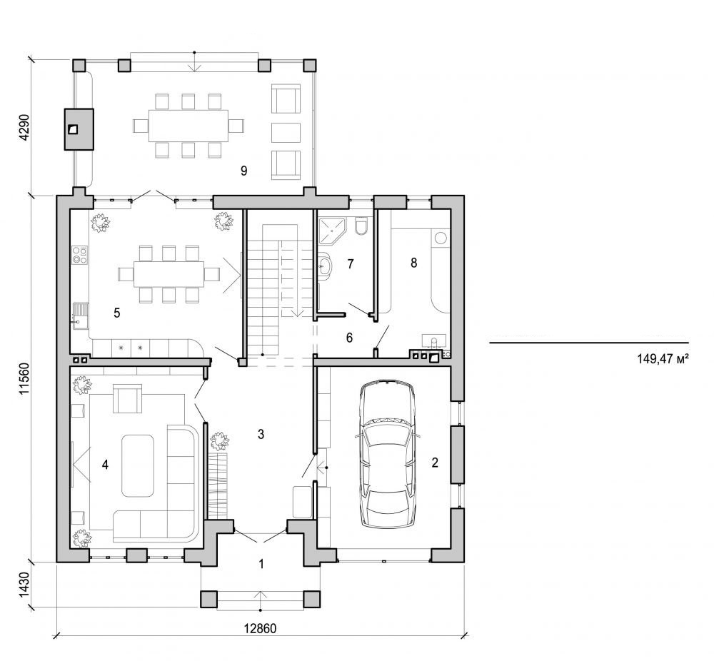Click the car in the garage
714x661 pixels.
[x=388, y=454]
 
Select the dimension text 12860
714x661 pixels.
[x=261, y=629]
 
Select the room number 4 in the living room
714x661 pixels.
[x=105, y=465]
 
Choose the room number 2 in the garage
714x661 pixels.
[x=434, y=462]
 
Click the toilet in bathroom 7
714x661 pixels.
[x=361, y=227]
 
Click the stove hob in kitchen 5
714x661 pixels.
[x=79, y=255]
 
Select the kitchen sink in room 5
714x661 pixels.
[x=79, y=315]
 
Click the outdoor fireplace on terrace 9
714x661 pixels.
[x=79, y=129]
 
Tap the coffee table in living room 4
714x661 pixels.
[x=138, y=465]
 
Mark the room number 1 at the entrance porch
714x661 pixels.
[x=261, y=564]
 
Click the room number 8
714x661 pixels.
[x=413, y=263]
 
